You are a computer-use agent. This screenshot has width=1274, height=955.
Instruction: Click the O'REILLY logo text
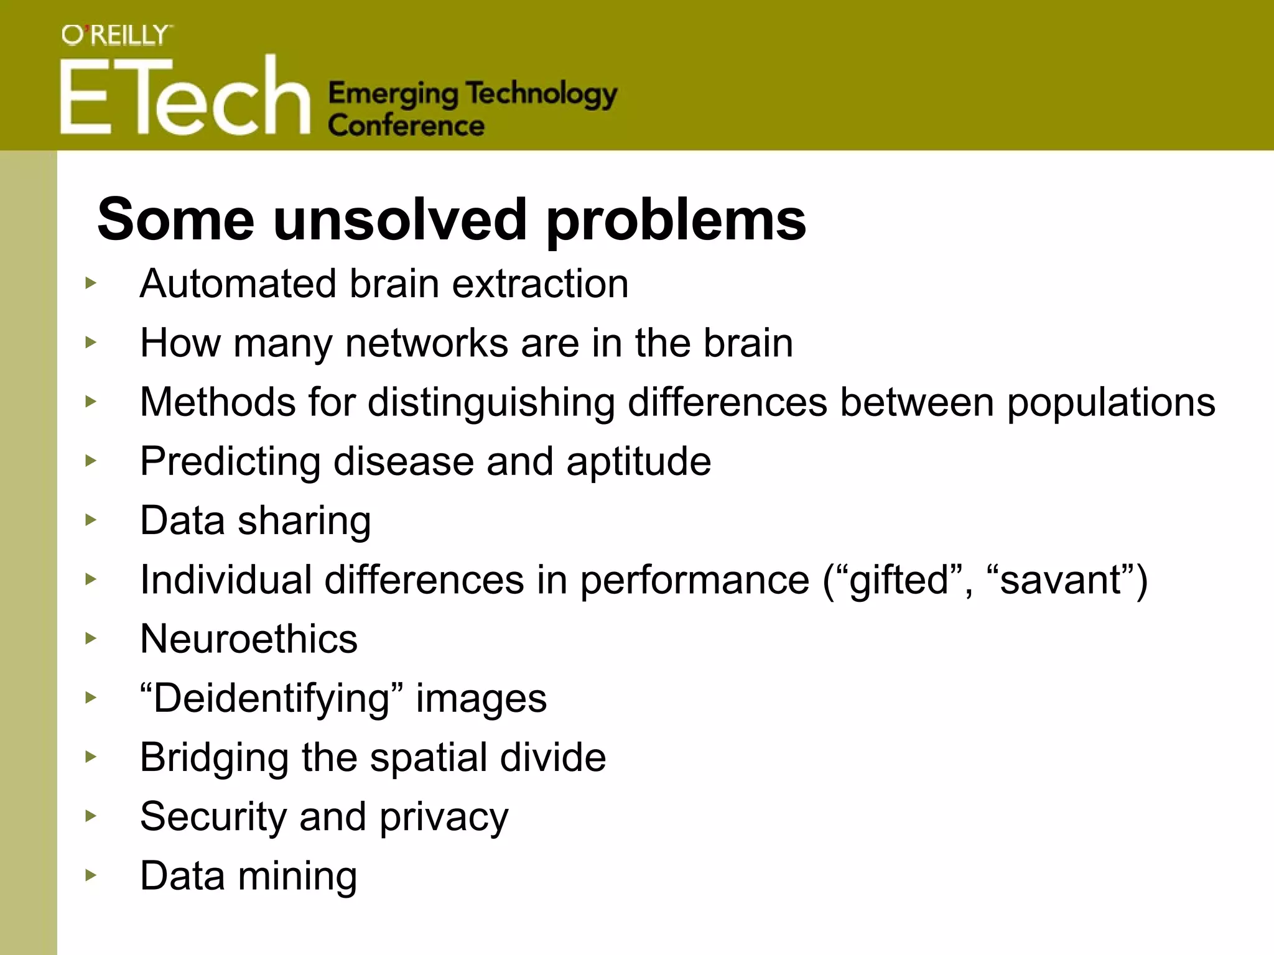tap(116, 35)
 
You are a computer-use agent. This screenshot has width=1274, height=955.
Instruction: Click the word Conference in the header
tap(406, 126)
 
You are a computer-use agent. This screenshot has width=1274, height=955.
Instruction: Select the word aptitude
tap(638, 462)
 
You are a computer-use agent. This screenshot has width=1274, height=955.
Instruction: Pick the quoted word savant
tap(1060, 580)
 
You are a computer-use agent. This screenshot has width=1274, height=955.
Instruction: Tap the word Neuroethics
tap(249, 639)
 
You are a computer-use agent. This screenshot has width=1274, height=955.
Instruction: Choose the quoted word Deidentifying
tap(272, 699)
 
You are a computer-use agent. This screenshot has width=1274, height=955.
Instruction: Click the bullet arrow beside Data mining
tap(91, 875)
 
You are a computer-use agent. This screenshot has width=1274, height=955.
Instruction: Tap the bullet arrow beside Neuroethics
tap(91, 638)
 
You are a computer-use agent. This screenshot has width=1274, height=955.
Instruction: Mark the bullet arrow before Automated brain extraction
tap(91, 283)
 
